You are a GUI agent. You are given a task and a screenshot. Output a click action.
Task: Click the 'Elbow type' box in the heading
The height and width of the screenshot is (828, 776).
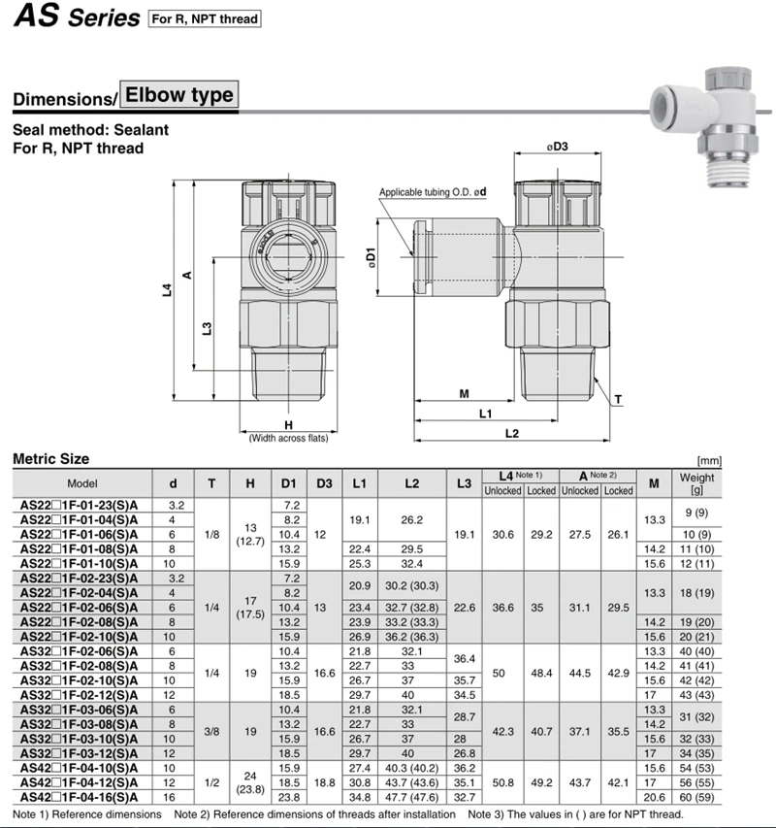coord(179,95)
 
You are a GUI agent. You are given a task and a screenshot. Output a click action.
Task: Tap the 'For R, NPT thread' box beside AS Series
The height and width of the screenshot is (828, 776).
coord(205,19)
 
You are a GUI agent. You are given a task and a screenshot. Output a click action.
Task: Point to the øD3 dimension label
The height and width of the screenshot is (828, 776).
coord(558,147)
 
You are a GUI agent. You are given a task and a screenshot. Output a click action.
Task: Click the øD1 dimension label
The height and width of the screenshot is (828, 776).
coord(372,257)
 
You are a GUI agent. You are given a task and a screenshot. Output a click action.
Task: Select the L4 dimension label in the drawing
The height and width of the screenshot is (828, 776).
coord(167,290)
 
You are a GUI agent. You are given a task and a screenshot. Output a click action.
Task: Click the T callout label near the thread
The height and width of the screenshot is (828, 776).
coord(618,400)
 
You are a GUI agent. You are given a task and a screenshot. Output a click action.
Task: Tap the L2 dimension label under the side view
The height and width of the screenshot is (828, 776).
coord(512,434)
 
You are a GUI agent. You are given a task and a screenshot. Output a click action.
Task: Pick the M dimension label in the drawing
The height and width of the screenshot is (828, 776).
coord(464,394)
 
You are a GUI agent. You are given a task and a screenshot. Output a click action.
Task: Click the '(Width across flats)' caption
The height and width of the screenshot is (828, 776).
coord(288,439)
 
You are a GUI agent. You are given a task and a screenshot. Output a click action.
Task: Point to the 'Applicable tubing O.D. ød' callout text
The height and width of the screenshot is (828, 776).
coord(433,192)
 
